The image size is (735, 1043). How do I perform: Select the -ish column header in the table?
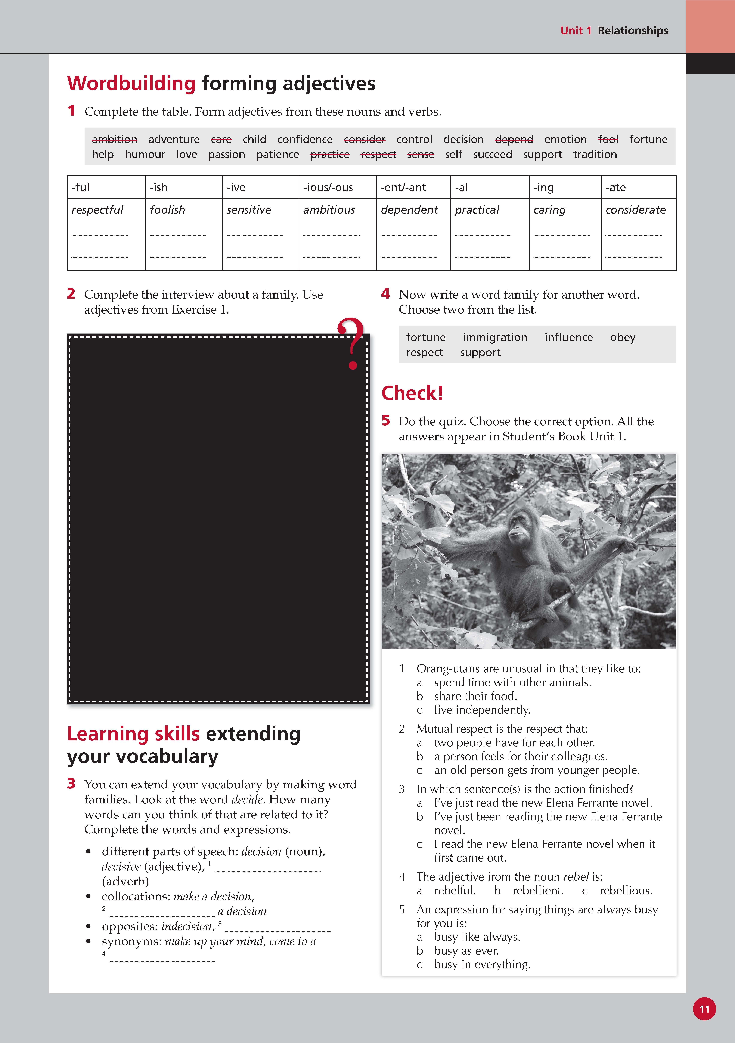[x=159, y=187]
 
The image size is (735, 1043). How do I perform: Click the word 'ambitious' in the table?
[x=329, y=210]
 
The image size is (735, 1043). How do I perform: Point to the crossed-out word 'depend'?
[x=514, y=139]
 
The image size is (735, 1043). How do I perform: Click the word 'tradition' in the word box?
[x=595, y=155]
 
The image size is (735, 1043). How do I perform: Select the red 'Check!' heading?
[x=412, y=393]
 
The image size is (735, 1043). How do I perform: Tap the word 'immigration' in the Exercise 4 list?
[x=495, y=337]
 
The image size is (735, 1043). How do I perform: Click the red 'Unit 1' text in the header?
[x=576, y=30]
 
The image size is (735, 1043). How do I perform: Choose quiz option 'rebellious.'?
[x=626, y=890]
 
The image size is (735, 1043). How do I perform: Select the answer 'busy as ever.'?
[x=466, y=950]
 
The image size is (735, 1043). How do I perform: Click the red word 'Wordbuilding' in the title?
[x=131, y=84]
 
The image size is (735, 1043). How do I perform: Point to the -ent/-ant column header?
[x=403, y=187]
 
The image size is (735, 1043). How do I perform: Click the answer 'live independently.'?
[x=482, y=710]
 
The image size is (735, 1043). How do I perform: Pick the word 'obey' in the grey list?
[x=622, y=337]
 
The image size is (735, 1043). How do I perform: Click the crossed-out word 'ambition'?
[x=114, y=139]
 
